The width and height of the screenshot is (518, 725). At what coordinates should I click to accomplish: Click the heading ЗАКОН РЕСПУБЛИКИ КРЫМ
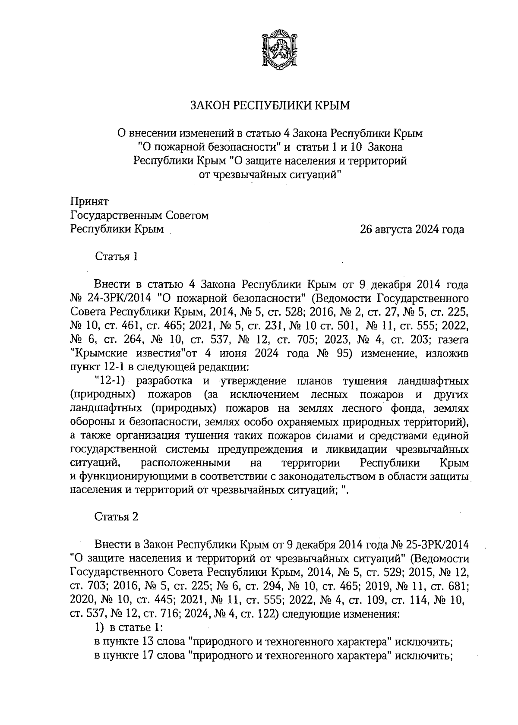[x=270, y=106]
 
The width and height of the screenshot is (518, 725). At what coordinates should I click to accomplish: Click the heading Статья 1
[x=117, y=257]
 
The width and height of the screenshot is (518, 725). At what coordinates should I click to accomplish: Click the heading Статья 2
[x=117, y=517]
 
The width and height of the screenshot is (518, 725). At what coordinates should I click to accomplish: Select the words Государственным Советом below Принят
[x=139, y=215]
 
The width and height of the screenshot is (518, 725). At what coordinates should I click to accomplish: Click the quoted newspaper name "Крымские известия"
[x=128, y=353]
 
